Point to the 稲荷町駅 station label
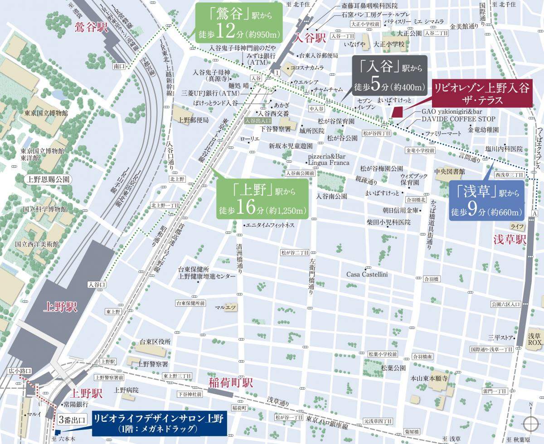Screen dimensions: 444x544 [x=230, y=382]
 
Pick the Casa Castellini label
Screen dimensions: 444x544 [x=367, y=274]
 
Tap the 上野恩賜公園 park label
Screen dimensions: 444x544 [x=48, y=179]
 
